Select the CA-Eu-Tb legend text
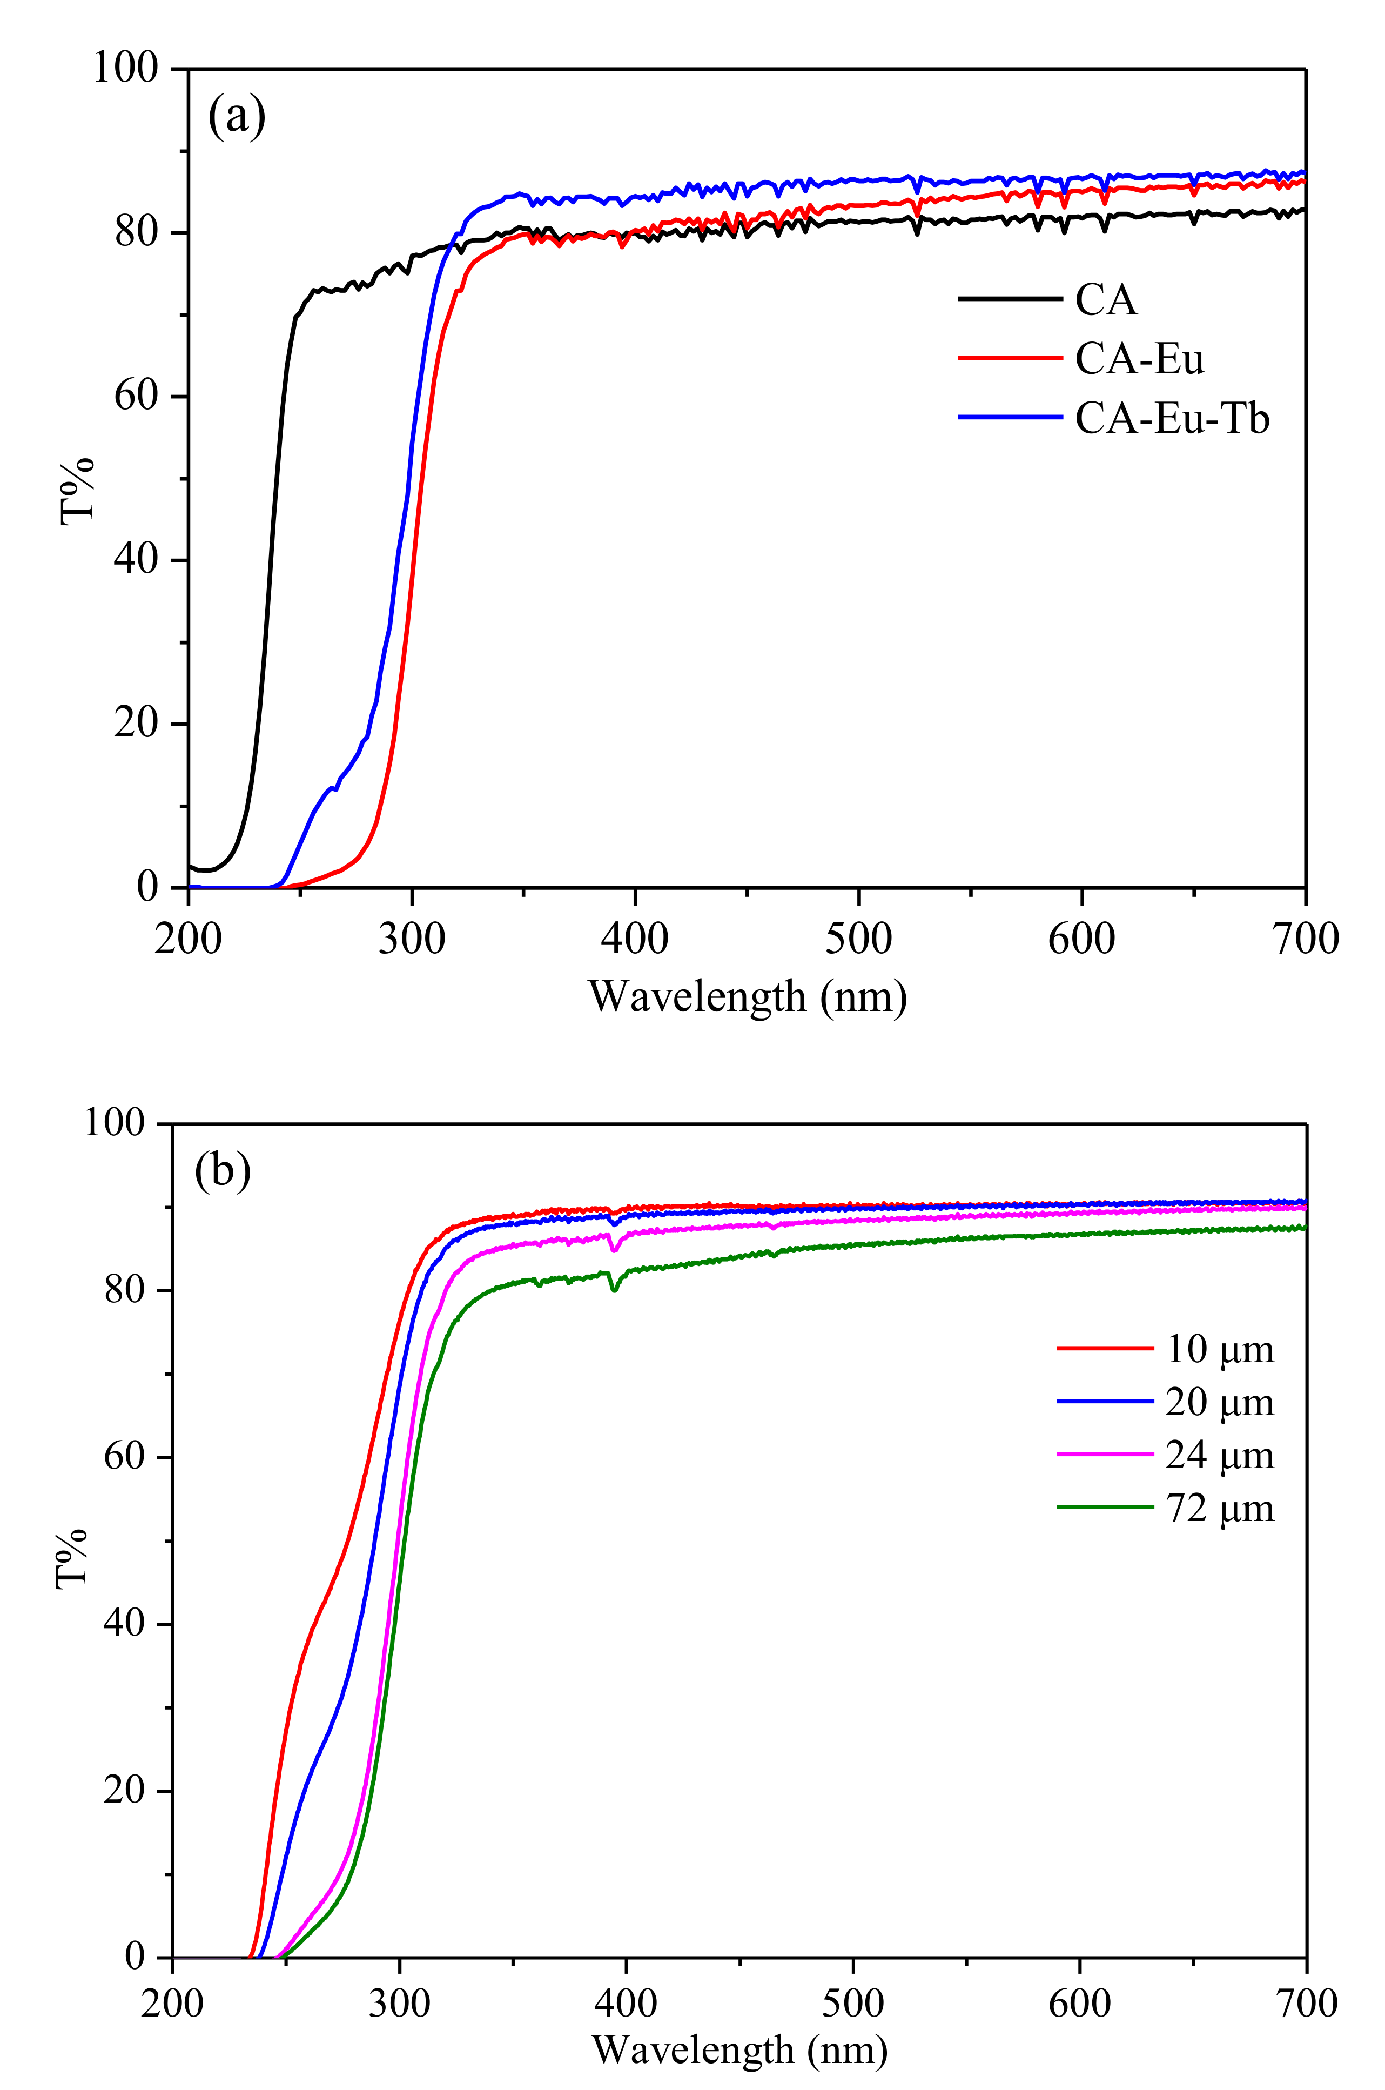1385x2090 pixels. (1171, 418)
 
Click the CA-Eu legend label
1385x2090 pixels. (1139, 359)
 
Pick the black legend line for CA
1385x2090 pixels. (1010, 299)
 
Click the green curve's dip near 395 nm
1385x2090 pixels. (614, 1290)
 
